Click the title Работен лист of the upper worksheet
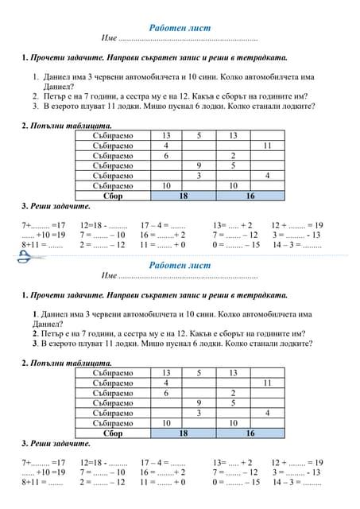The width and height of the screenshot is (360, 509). (180, 27)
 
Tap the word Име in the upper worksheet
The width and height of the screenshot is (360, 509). (110, 38)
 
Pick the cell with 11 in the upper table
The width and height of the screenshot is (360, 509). (267, 146)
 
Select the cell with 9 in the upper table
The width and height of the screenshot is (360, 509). (199, 165)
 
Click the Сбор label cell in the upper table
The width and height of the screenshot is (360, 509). (113, 195)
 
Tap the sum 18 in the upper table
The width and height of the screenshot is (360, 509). (183, 195)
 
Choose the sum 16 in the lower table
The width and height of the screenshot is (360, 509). (250, 433)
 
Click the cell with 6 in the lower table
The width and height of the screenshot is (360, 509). (166, 393)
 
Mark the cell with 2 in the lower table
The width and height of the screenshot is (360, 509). (233, 393)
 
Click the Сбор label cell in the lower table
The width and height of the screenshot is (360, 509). (113, 433)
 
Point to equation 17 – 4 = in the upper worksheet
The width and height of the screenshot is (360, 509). (163, 225)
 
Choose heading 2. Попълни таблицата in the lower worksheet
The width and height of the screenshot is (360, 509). (68, 363)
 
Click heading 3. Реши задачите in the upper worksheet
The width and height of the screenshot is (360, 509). (56, 206)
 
